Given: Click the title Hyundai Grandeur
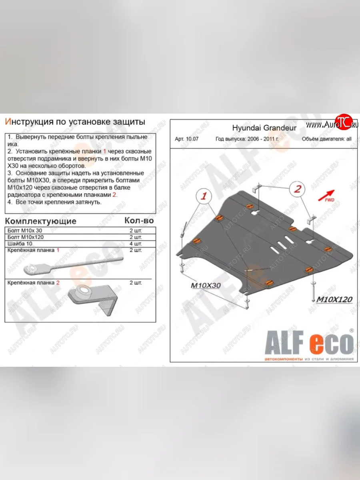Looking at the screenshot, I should coord(264,128).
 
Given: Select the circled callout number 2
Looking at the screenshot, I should coord(298,189).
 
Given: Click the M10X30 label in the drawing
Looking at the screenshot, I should coord(205,286).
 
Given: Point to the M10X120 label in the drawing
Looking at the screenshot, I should coord(334,299).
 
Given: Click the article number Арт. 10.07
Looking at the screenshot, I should coord(186,140).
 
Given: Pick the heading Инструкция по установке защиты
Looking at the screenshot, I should coord(75,122).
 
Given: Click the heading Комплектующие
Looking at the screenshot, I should coord(40,221).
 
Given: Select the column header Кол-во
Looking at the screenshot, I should coord(139,220).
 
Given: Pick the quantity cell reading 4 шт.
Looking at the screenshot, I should coord(136,244).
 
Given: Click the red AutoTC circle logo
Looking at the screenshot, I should coord(342,122).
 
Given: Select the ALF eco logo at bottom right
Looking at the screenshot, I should coord(308,344).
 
